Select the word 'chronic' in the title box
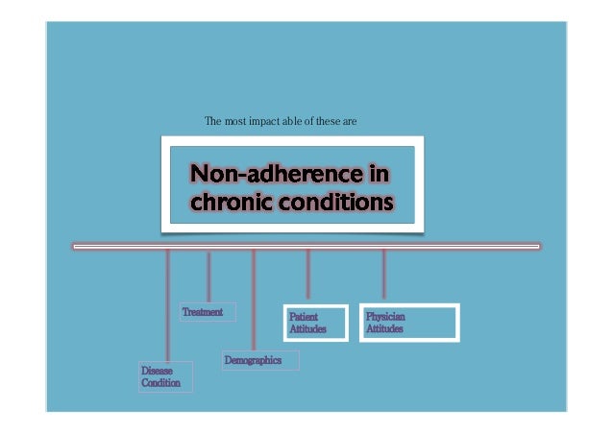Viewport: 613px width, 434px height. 235,204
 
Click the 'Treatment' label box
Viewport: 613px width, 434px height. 208,312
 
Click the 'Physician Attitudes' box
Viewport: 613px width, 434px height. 409,323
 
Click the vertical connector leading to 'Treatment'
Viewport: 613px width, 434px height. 208,276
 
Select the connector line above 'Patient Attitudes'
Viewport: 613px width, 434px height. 307,275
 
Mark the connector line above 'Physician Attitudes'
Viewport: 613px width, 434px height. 383,275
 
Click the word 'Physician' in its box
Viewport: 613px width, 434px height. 385,316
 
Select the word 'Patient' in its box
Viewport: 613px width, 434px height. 305,316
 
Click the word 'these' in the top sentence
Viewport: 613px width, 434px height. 331,123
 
